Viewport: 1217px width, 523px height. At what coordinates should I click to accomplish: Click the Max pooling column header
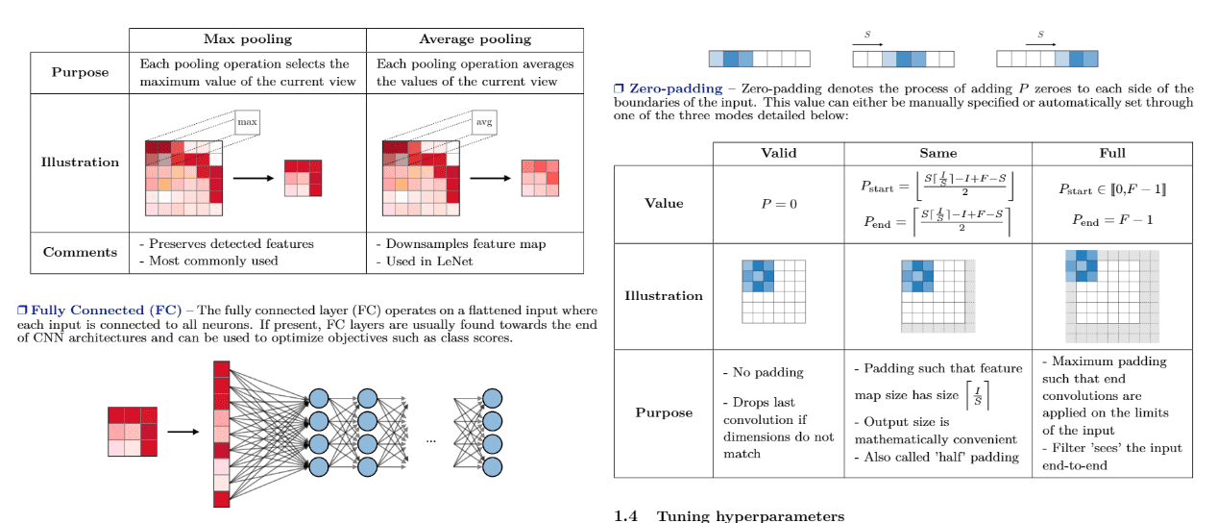[248, 39]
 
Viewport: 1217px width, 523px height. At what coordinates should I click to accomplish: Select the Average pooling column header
[475, 39]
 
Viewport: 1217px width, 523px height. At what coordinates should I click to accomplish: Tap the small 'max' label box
[248, 122]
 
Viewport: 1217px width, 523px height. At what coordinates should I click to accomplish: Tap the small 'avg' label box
[485, 122]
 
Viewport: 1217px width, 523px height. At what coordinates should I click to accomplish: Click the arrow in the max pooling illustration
[254, 178]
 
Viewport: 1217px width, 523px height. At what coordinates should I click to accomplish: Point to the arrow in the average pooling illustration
[490, 178]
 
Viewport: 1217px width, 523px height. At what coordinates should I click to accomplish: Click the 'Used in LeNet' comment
[426, 261]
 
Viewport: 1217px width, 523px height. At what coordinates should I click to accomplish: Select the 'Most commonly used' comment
[208, 261]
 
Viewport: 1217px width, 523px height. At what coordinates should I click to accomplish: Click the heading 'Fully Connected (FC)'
[106, 310]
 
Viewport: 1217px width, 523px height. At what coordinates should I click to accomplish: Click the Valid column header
[778, 153]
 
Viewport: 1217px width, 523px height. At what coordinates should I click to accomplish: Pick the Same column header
[937, 153]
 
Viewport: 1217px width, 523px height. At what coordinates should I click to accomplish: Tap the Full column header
[1111, 153]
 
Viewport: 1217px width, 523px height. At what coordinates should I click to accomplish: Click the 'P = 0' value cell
[778, 203]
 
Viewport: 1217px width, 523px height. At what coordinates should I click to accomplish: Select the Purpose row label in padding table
[664, 412]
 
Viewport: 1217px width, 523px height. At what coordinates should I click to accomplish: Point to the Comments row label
[80, 252]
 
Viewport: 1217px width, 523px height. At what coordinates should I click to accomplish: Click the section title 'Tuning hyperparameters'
[750, 516]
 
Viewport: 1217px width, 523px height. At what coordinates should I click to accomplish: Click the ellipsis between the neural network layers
[430, 439]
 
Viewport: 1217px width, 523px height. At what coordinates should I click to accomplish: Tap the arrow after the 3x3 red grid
[183, 432]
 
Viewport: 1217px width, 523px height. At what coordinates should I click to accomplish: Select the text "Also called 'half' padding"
[937, 457]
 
